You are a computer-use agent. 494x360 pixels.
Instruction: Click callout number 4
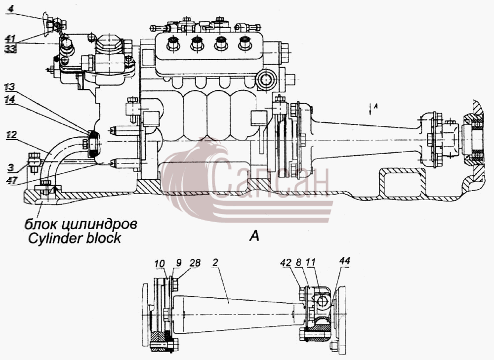[10, 8]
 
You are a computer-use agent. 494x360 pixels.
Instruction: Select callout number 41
[10, 39]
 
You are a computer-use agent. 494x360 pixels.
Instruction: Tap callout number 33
[11, 48]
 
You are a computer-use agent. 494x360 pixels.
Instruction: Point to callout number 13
[10, 86]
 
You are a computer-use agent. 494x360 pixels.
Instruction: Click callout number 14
[10, 100]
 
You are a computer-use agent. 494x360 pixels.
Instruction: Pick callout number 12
[11, 135]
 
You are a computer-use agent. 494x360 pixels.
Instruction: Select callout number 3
[11, 167]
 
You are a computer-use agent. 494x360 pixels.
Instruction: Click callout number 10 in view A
[160, 263]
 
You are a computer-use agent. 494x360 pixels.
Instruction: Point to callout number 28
[195, 263]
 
